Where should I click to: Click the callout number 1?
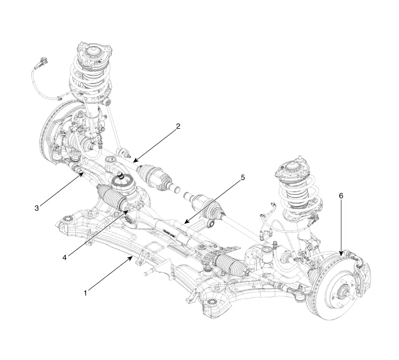coord(85,293)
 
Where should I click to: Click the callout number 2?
coord(178,126)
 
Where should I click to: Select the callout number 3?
coord(36,208)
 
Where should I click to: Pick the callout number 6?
coord(341,195)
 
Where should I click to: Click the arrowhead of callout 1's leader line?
coord(136,257)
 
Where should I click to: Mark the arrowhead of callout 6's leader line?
coord(340,254)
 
